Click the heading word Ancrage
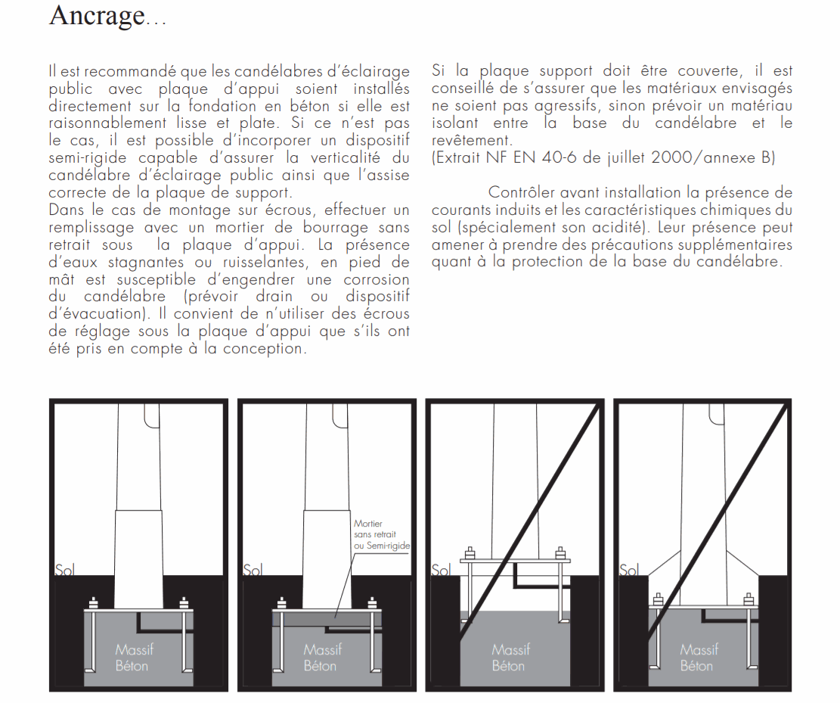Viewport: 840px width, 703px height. coord(96,15)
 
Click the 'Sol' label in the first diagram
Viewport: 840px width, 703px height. coord(64,569)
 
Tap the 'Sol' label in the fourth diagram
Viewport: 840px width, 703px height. coord(629,569)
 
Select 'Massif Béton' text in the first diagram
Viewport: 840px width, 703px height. coord(132,658)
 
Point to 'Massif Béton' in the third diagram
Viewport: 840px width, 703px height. coord(510,658)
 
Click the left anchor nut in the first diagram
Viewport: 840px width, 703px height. coord(94,603)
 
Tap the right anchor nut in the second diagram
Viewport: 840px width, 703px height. coord(371,603)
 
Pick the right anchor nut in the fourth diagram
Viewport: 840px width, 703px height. coord(749,599)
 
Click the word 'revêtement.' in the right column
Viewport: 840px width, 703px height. coord(471,141)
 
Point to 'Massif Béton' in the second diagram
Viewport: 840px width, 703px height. coord(322,658)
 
